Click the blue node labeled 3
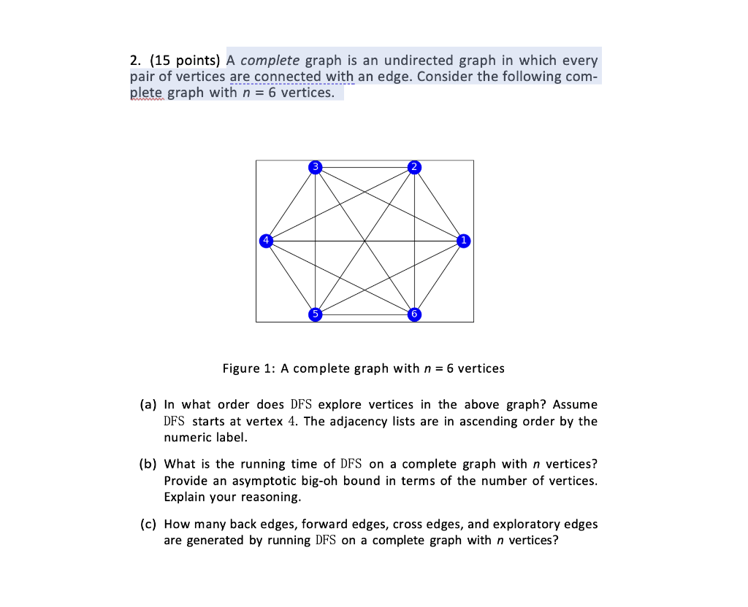coord(316,166)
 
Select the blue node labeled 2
coord(414,166)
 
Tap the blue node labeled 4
coord(267,240)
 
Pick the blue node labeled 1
coord(462,240)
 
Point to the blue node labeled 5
coord(316,314)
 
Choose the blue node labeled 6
coord(414,314)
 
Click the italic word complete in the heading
coord(270,61)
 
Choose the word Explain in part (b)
coord(185,498)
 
